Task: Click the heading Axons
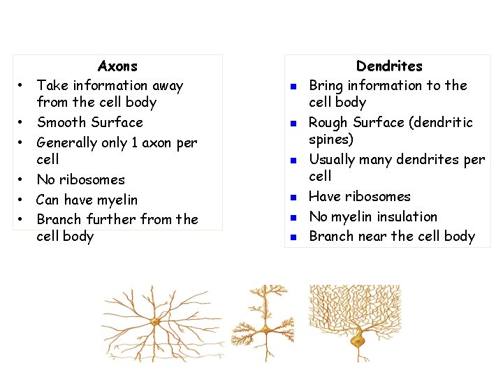tap(117, 66)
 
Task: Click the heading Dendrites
tap(389, 66)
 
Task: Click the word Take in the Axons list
tap(51, 85)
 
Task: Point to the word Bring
tap(326, 85)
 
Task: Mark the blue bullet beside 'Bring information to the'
tap(294, 87)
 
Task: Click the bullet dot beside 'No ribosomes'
tap(22, 180)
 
